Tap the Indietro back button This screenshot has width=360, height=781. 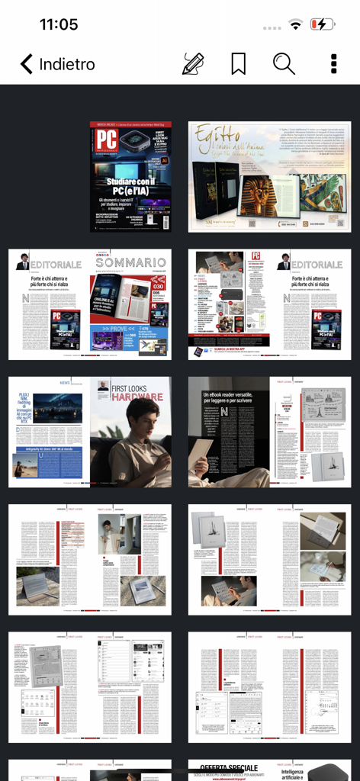point(57,64)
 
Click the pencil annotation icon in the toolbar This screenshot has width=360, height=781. point(193,64)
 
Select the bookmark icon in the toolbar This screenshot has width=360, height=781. point(238,64)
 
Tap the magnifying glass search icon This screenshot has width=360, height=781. point(284,64)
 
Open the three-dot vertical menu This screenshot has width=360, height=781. point(333,64)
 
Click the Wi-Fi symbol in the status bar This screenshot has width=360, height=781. point(295,25)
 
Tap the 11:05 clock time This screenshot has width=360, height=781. point(59,24)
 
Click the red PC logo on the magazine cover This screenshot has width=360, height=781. point(106,140)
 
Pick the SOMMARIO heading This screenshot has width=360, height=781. point(130,263)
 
